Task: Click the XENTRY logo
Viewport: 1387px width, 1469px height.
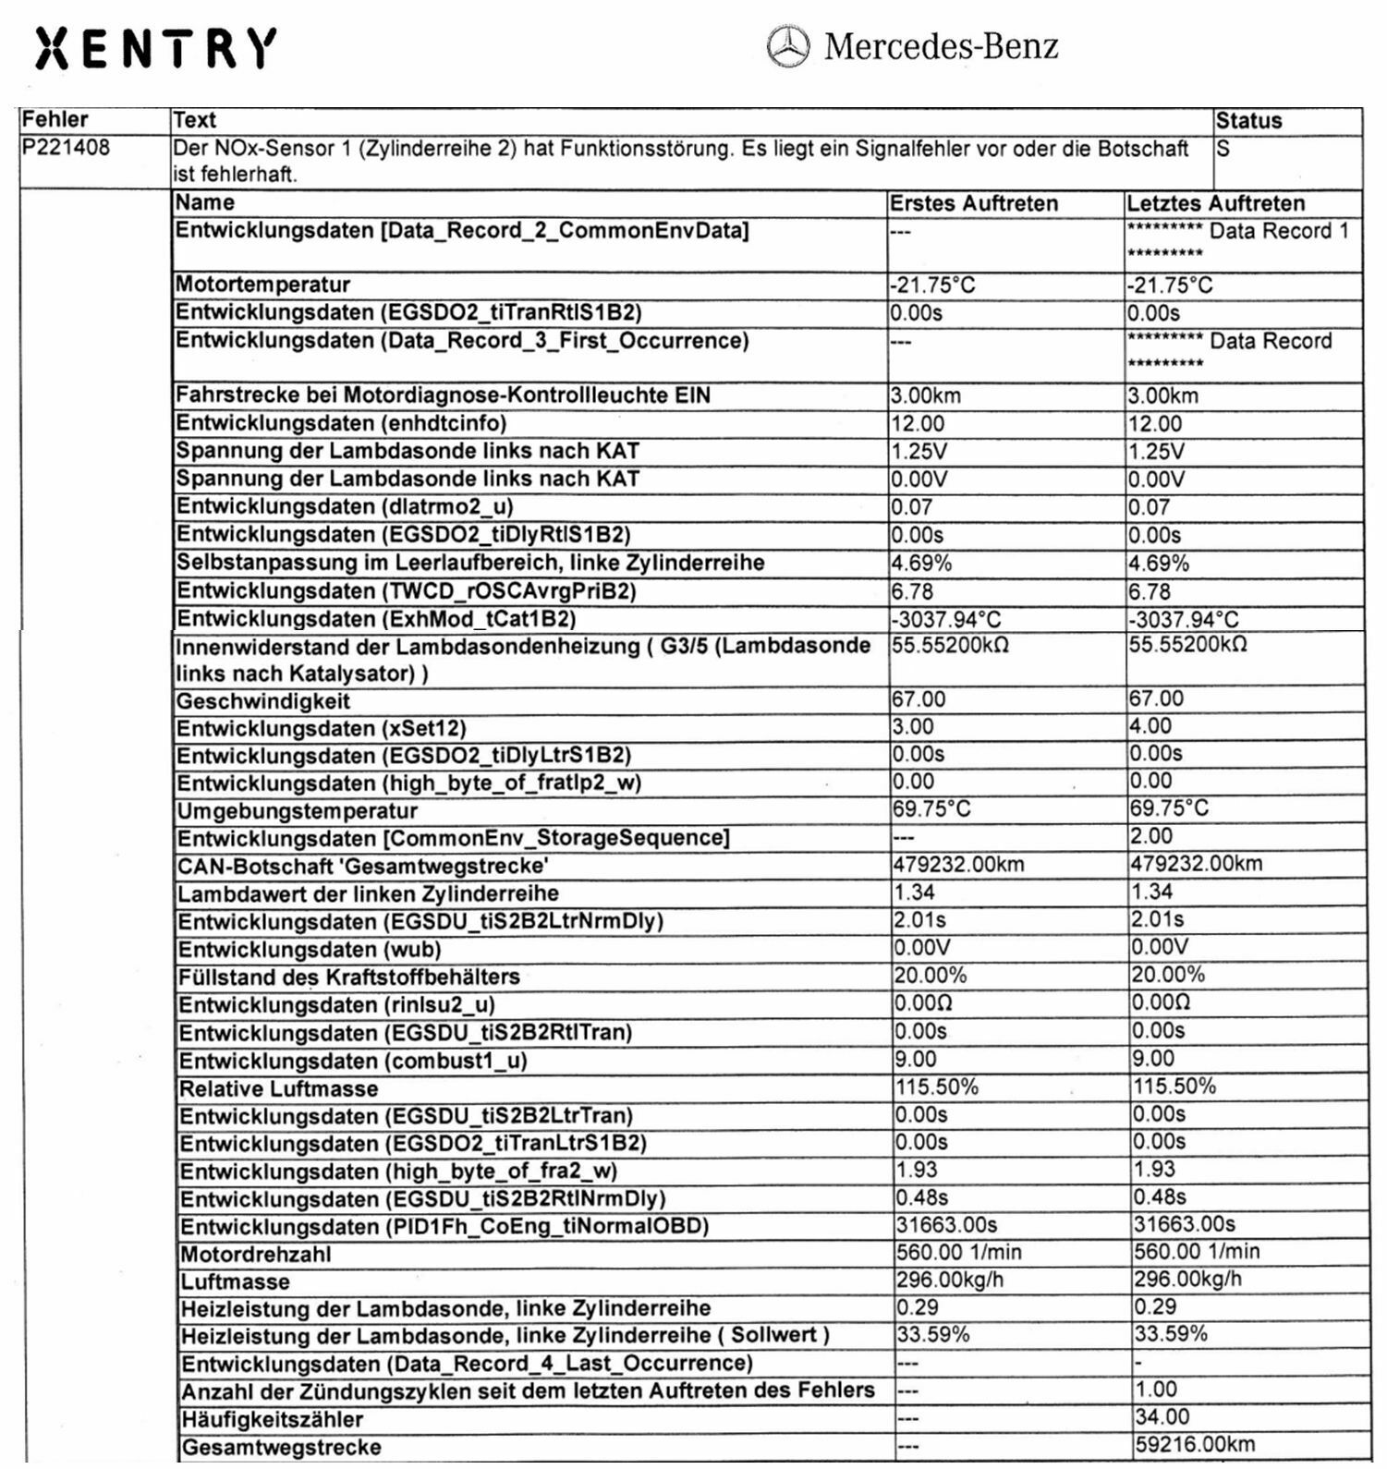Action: coord(155,48)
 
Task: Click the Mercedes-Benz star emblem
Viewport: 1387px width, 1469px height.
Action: coord(788,46)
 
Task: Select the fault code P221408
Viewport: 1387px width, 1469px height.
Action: coord(66,148)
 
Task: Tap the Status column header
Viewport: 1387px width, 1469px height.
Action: coord(1248,121)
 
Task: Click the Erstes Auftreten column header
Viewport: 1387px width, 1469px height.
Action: coord(973,203)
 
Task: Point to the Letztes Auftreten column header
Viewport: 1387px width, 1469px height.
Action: coord(1215,203)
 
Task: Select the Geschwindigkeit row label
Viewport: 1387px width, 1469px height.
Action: coord(263,701)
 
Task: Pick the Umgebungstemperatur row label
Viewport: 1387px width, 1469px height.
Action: coord(298,811)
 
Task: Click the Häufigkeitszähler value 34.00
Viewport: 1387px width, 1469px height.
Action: coord(1162,1417)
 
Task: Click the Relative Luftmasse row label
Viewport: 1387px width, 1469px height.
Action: coord(278,1089)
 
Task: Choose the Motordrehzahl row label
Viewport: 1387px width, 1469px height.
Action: coord(255,1255)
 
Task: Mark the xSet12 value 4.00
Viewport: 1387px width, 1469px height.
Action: coord(1150,727)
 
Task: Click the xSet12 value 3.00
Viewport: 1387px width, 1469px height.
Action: coord(913,727)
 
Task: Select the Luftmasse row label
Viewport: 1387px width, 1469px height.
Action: coord(235,1282)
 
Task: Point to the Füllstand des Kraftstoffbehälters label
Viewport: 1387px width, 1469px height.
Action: coord(348,977)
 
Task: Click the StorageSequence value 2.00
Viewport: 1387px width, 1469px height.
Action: coord(1151,837)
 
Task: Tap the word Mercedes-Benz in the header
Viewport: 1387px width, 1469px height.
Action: coord(941,46)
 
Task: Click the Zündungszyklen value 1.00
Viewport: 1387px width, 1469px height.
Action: coord(1156,1390)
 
